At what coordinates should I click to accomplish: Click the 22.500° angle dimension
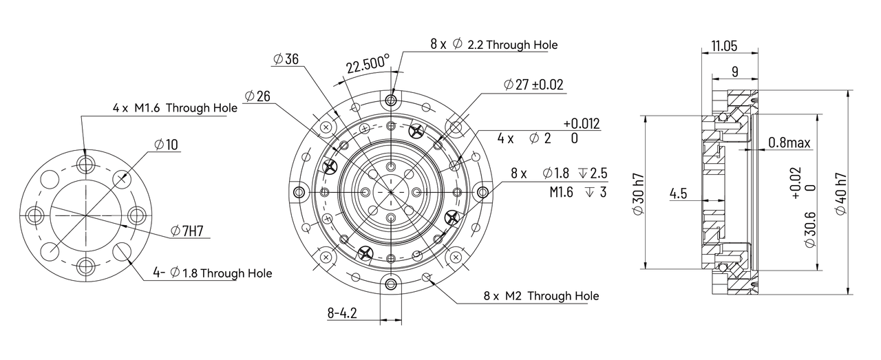pyautogui.click(x=368, y=65)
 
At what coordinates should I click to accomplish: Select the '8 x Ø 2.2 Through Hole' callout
pyautogui.click(x=494, y=44)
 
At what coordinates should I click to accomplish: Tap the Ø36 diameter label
pyautogui.click(x=286, y=60)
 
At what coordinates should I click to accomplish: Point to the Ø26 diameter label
pyautogui.click(x=257, y=96)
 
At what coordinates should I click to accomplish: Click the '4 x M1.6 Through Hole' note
pyautogui.click(x=175, y=108)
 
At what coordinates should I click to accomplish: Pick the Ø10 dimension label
pyautogui.click(x=166, y=145)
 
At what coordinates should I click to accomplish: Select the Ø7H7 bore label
pyautogui.click(x=187, y=231)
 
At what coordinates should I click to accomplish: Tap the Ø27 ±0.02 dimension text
pyautogui.click(x=533, y=85)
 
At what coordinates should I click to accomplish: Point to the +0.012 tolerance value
pyautogui.click(x=582, y=124)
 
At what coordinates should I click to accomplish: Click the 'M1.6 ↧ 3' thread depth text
pyautogui.click(x=577, y=192)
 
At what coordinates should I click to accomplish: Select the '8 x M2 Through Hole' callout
pyautogui.click(x=541, y=296)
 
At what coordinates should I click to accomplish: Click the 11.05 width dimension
pyautogui.click(x=725, y=46)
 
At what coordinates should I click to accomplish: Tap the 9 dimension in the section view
pyautogui.click(x=735, y=71)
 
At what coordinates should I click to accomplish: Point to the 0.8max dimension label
pyautogui.click(x=789, y=143)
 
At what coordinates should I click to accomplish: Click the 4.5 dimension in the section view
pyautogui.click(x=678, y=193)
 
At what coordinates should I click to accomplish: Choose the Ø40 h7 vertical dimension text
pyautogui.click(x=841, y=192)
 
